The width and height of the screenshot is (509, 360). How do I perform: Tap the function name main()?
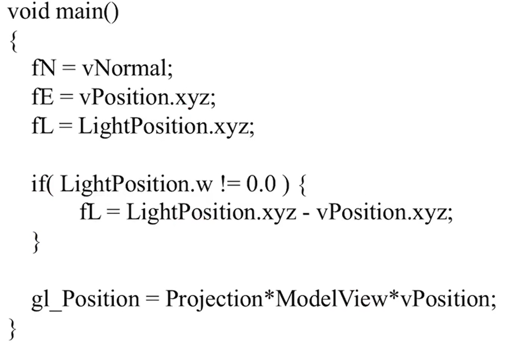(x=88, y=12)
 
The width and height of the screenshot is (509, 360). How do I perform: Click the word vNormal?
(x=127, y=68)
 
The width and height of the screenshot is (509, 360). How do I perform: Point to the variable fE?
(x=43, y=97)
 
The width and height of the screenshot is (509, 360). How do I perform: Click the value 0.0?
(x=261, y=184)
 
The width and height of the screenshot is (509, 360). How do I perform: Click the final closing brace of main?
(x=12, y=329)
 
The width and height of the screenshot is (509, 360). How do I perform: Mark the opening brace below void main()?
(x=13, y=41)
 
